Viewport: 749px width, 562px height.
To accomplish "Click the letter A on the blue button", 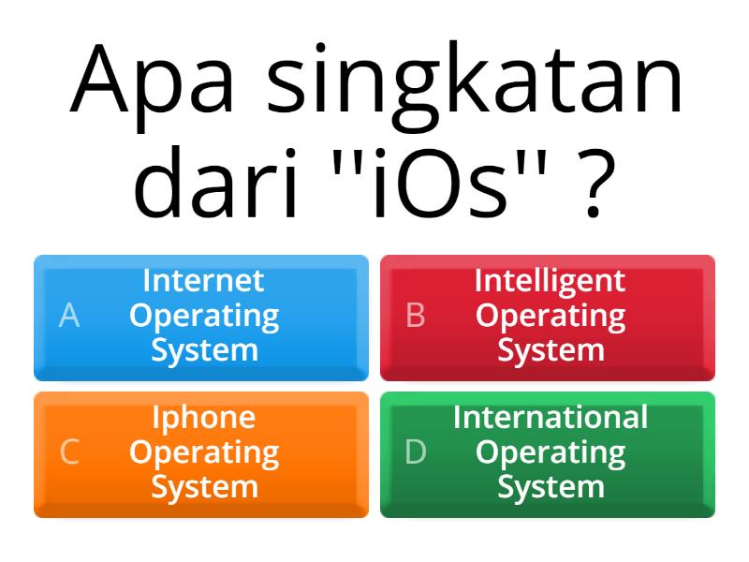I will click(x=68, y=317).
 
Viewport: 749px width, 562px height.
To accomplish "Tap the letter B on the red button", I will click(x=416, y=317).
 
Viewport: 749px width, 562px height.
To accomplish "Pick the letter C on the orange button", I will click(x=68, y=453).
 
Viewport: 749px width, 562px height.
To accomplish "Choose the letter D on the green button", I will click(x=416, y=453).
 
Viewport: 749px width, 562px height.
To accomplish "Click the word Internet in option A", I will click(x=203, y=280).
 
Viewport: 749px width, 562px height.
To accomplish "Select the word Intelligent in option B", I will click(x=550, y=280).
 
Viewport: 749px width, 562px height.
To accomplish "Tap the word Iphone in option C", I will click(x=203, y=418).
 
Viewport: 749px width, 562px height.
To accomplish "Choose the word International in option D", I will click(x=550, y=417).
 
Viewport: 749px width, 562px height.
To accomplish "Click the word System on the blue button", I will click(x=204, y=351).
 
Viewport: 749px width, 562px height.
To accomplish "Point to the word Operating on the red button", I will click(x=550, y=317).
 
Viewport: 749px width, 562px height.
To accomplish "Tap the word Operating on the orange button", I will click(x=204, y=453).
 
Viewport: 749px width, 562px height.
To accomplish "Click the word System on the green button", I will click(x=551, y=488).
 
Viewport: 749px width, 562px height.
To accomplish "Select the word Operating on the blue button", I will click(x=204, y=317).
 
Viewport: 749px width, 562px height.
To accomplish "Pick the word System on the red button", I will click(x=551, y=351).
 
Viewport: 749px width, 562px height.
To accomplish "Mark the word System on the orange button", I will click(x=204, y=488).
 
